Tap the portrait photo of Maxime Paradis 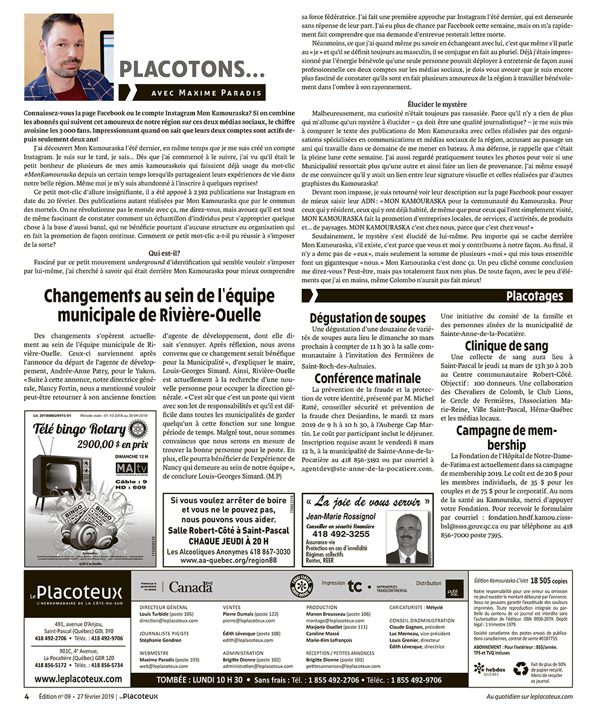[69, 57]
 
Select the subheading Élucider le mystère [437, 105]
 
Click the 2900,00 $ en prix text [112, 444]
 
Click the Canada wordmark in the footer [190, 587]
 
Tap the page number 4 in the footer [27, 696]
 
